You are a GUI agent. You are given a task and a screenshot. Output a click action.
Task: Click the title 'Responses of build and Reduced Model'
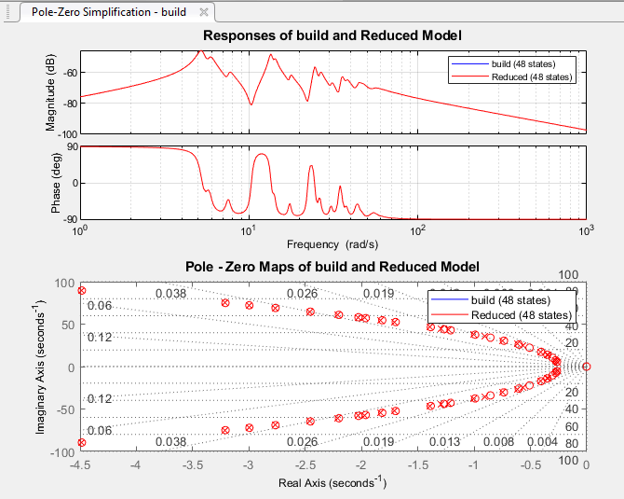[332, 35]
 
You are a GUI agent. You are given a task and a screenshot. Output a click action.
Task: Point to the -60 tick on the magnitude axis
[67, 72]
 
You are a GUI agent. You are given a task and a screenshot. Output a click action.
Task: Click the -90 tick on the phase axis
[67, 218]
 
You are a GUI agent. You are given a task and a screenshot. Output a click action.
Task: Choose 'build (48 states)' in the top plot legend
[532, 63]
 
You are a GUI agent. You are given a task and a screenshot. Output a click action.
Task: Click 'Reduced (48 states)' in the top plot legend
[532, 76]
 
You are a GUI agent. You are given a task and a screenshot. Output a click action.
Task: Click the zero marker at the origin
[586, 367]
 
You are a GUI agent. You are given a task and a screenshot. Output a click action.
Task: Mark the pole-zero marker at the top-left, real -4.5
[82, 291]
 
